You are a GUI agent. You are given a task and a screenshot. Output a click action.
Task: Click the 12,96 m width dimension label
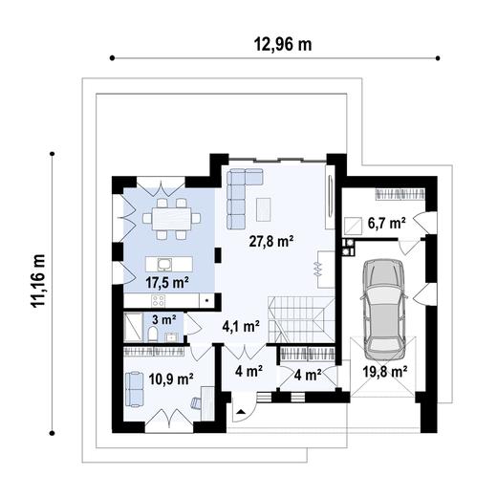(x=283, y=44)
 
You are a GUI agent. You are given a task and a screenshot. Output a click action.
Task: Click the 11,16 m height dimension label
(x=38, y=280)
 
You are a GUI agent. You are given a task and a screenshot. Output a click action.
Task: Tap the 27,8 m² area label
(x=271, y=241)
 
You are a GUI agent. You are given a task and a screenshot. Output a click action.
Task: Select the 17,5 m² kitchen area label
(x=167, y=282)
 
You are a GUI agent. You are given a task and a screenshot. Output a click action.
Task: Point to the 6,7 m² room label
(x=387, y=223)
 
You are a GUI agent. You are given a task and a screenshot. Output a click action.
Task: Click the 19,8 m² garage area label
(x=385, y=371)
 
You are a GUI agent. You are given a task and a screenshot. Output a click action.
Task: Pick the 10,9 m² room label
(x=171, y=379)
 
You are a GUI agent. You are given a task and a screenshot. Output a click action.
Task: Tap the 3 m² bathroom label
(x=164, y=319)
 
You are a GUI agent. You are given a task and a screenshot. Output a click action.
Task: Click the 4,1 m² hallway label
(x=241, y=326)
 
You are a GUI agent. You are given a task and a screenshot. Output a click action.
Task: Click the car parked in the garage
(x=383, y=309)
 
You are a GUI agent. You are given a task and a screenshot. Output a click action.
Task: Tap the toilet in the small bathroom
(x=153, y=334)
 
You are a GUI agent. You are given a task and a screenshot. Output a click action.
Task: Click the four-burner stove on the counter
(x=159, y=300)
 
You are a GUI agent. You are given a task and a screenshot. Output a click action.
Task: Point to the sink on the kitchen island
(x=164, y=264)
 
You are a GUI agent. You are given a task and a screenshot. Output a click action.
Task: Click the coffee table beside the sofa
(x=264, y=209)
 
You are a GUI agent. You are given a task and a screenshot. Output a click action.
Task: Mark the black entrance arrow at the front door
(x=241, y=411)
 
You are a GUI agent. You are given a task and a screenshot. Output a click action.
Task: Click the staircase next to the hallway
(x=301, y=319)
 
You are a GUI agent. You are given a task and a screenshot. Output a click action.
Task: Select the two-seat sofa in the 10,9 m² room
(x=135, y=389)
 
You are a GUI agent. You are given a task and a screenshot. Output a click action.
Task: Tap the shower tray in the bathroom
(x=133, y=327)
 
